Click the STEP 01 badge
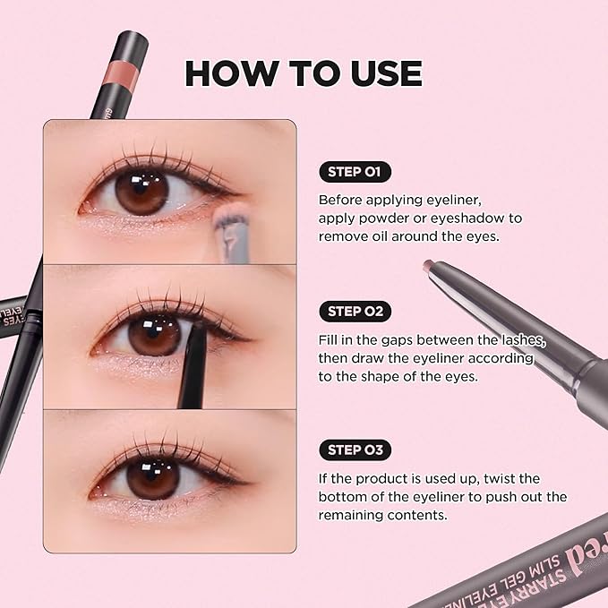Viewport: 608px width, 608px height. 355,172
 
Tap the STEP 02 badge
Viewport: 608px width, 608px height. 356,312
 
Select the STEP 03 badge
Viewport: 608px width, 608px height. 356,450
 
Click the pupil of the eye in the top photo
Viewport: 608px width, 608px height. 141,190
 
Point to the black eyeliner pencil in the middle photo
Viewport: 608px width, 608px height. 191,367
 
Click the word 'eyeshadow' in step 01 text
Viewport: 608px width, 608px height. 482,218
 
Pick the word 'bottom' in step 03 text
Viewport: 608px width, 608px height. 342,497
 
